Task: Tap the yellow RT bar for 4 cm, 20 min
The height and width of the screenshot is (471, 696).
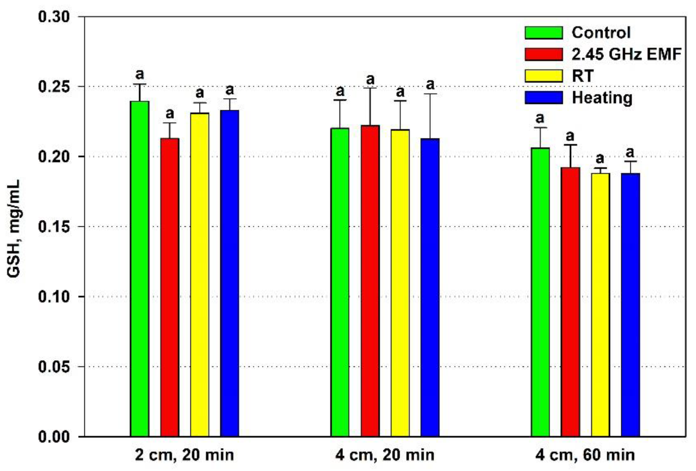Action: pyautogui.click(x=400, y=283)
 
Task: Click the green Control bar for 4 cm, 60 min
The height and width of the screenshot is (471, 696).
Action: pyautogui.click(x=540, y=292)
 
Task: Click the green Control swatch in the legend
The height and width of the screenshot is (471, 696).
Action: pyautogui.click(x=544, y=33)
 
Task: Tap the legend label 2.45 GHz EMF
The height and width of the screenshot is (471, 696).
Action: pyautogui.click(x=626, y=54)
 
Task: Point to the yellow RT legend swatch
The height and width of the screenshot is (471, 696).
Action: pyautogui.click(x=544, y=76)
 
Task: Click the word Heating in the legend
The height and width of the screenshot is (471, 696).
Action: pyautogui.click(x=602, y=98)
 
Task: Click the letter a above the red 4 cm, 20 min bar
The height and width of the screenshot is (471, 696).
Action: pyautogui.click(x=370, y=80)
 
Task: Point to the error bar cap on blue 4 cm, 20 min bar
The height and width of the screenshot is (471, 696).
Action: pyautogui.click(x=430, y=94)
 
